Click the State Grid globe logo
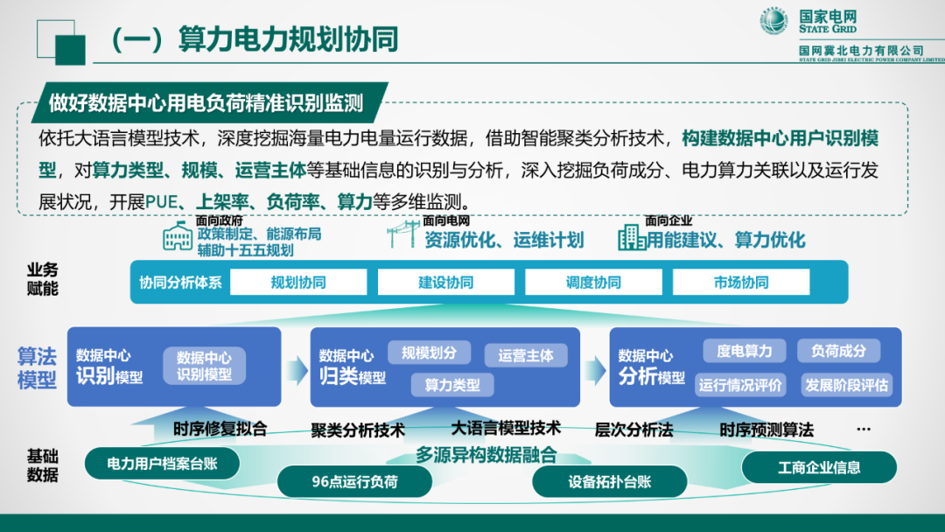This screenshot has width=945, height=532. coord(773,22)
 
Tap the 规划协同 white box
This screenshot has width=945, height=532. coord(298,282)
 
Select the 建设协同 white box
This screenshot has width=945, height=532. coord(445,282)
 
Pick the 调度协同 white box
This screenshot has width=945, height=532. coord(593,282)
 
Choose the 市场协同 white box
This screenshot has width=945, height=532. coord(740,282)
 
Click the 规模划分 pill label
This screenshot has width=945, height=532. coord(429,353)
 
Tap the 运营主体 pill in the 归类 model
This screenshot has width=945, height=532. coord(526,355)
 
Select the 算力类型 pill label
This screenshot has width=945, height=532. coord(451,384)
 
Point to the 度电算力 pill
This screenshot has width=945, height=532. coord(744,351)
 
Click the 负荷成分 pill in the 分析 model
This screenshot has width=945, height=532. coord(838,351)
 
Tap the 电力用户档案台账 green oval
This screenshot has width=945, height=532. coord(162,464)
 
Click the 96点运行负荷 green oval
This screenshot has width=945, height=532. coord(354,481)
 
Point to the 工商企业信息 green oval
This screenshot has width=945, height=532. coord(819,466)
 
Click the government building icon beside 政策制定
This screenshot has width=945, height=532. coord(178,236)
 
